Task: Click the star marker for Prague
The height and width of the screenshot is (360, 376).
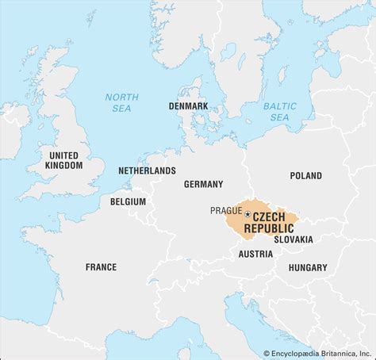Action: [x=247, y=214]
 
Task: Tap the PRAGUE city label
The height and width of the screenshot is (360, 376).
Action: [x=226, y=210]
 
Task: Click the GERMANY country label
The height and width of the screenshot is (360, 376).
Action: [x=203, y=184]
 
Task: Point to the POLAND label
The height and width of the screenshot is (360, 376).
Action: [x=305, y=176]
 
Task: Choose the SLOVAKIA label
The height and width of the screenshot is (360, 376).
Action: [x=293, y=239]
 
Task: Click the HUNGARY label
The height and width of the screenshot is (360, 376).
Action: [x=307, y=268]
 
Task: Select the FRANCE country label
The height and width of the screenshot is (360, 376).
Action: [x=101, y=267]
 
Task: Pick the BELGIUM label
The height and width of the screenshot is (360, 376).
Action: [x=128, y=202]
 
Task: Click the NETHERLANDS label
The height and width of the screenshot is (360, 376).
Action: [x=147, y=170]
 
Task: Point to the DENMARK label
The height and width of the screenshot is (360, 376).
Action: [x=188, y=105]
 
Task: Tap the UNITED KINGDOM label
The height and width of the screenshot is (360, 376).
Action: [x=64, y=160]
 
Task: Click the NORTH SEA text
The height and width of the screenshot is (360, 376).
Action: [x=121, y=102]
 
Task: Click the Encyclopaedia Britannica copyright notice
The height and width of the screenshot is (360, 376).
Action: [x=317, y=354]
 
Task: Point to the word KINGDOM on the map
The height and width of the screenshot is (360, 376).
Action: [x=64, y=166]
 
